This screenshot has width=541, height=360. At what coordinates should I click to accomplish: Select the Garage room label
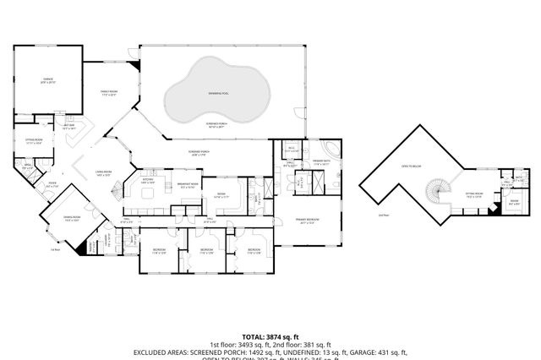pos(48,79)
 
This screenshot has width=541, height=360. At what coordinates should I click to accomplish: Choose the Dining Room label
pos(60,216)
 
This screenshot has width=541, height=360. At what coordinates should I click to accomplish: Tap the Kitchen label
pos(148,181)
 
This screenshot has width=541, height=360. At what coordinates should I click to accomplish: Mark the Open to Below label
pos(412,166)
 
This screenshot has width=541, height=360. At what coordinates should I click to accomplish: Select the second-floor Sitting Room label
pos(474,193)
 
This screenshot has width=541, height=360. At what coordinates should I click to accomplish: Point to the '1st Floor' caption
pos(56,249)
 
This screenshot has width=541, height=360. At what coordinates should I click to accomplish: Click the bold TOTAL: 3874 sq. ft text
pos(270,335)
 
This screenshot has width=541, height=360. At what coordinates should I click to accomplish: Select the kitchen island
pos(152,193)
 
